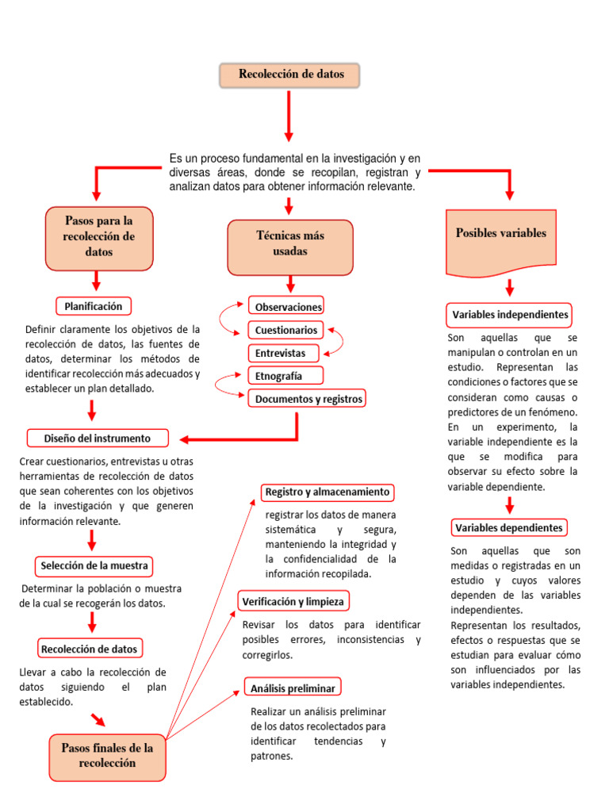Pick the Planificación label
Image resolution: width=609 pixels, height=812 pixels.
tap(94, 305)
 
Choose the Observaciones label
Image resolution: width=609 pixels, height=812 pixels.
tap(287, 306)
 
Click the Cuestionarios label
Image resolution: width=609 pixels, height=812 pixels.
tap(286, 330)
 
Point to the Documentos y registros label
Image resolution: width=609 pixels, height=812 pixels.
tap(308, 399)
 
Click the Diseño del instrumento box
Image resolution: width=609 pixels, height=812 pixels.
tap(98, 438)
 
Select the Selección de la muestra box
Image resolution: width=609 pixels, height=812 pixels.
tap(94, 566)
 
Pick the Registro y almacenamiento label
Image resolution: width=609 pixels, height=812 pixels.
tap(327, 492)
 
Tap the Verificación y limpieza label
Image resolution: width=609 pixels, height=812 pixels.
tap(293, 602)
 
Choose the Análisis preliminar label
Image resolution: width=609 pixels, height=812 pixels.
tap(293, 688)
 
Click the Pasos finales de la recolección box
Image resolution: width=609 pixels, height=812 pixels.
tap(108, 755)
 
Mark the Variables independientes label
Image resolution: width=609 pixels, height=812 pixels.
tap(510, 314)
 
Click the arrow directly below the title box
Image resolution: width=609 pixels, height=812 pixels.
tap(289, 116)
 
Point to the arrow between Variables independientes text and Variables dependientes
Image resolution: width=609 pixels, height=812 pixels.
tap(510, 505)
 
